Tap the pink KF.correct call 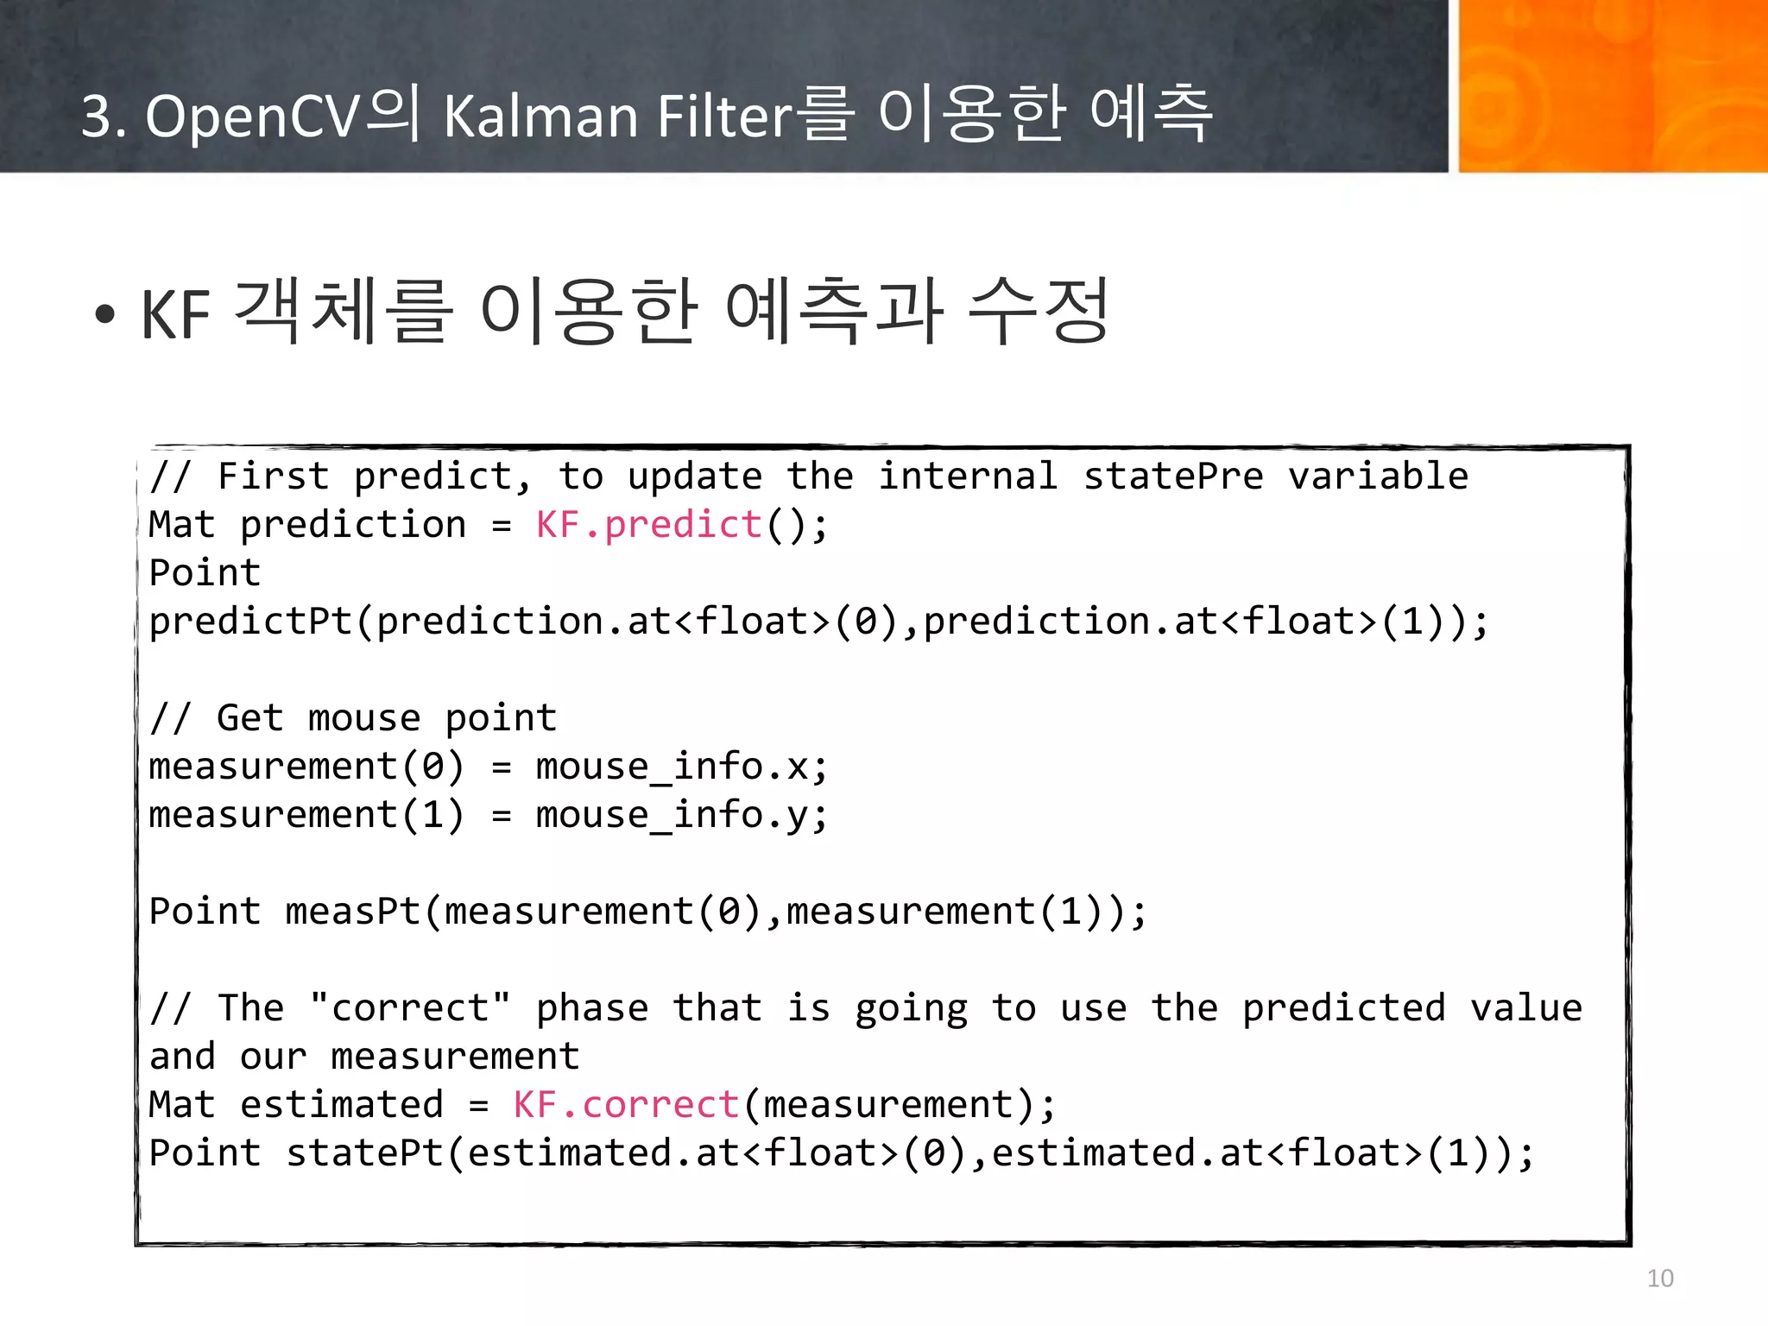625,1105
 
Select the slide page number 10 1659,1278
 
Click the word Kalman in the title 540,116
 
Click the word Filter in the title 723,116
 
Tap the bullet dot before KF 105,314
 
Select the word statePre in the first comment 1173,477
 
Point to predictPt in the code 250,622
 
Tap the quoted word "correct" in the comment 409,1008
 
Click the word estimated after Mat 341,1105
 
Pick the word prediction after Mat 352,525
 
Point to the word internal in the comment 968,477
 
